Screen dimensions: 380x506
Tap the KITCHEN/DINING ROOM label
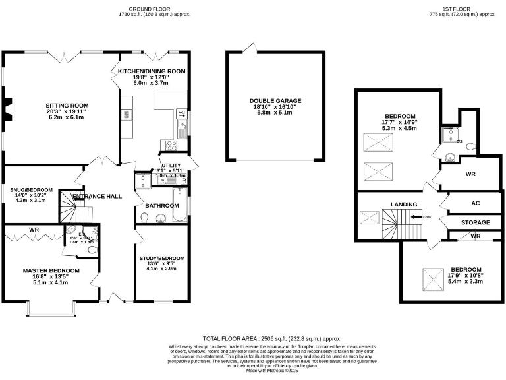[152, 71]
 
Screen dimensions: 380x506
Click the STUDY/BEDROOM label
[162, 258]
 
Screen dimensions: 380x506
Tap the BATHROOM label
[162, 205]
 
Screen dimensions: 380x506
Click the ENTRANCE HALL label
[97, 196]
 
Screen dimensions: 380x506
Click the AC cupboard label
[474, 204]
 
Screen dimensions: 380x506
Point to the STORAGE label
[474, 223]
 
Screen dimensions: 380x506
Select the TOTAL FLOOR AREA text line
[273, 336]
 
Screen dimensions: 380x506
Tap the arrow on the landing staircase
[416, 216]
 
